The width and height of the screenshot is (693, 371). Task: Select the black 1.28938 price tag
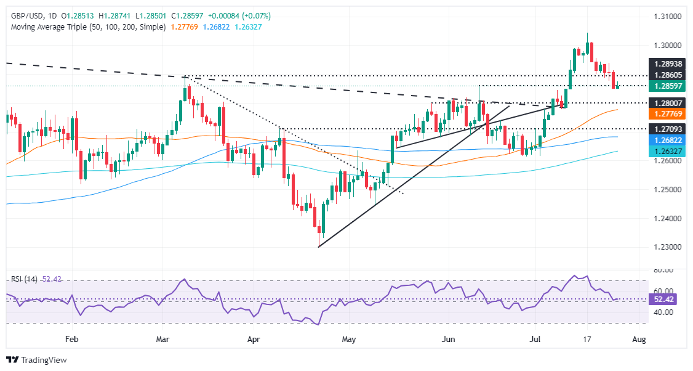(668, 63)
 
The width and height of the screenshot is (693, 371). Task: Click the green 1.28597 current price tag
(668, 86)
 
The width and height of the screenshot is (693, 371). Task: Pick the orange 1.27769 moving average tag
(668, 114)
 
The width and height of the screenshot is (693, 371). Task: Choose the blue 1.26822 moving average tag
(668, 140)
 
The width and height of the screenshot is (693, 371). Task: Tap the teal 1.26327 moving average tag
(668, 151)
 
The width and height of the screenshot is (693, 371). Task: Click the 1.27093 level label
(668, 128)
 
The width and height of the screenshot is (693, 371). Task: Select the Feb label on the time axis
(72, 340)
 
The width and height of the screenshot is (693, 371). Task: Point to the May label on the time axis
(348, 340)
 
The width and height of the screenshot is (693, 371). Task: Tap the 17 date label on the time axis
(587, 340)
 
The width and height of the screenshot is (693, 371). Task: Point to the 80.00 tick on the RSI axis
(663, 270)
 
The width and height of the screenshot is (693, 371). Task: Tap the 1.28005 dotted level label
(668, 103)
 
